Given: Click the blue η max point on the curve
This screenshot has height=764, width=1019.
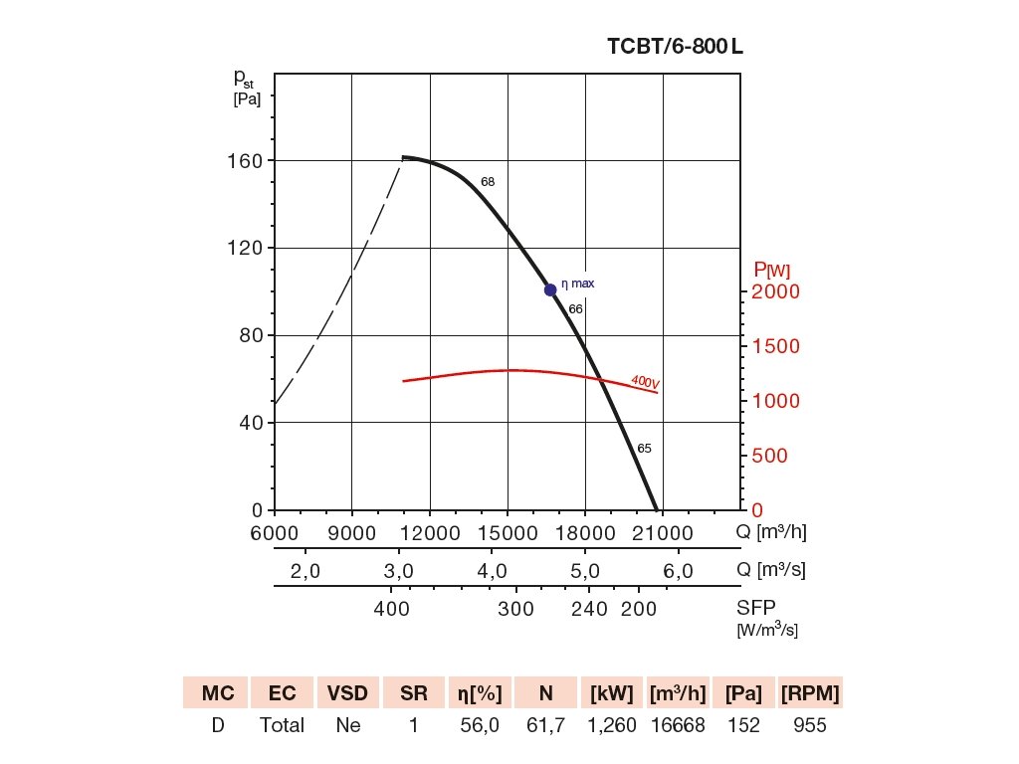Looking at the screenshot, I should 550,289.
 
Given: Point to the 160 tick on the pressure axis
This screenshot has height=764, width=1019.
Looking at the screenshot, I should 241,161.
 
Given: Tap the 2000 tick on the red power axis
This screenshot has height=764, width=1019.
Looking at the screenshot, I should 776,292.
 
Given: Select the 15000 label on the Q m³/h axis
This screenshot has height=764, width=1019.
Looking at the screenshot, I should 508,533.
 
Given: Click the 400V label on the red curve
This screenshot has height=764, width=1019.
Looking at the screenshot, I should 646,382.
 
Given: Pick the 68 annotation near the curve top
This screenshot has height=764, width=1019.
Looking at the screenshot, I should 488,182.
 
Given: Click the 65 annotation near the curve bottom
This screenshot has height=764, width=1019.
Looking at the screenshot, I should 644,449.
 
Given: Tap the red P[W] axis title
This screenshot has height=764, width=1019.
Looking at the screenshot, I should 772,269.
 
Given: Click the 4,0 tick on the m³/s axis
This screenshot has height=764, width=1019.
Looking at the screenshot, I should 493,572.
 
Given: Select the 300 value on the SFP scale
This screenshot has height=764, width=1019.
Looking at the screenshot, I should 515,610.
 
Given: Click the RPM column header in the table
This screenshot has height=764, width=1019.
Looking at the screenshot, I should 811,692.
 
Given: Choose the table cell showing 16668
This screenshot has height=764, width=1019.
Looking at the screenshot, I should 678,725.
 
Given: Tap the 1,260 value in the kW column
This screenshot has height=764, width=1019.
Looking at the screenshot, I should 613,725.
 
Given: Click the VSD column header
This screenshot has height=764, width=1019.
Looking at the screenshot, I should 348,692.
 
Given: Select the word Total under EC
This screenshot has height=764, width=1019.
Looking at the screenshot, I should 282,725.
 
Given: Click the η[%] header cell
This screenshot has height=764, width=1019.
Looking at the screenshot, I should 480,692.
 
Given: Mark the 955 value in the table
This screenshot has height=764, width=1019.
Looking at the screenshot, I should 810,725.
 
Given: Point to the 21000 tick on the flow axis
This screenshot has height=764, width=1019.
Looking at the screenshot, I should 663,533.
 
